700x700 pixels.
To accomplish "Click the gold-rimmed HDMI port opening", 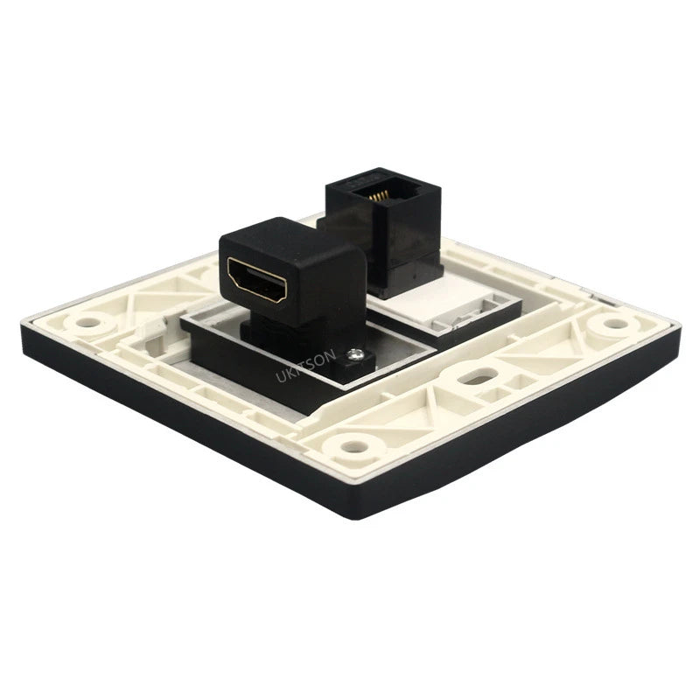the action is [x=257, y=280].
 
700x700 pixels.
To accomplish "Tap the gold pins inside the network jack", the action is [x=379, y=196].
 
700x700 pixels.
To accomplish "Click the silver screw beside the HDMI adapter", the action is [x=355, y=355].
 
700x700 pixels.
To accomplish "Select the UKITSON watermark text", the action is [x=305, y=366].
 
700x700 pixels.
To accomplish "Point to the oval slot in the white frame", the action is [x=478, y=376].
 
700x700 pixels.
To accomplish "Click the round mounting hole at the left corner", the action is [x=87, y=322].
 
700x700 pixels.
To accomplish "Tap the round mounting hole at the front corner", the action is [x=354, y=446].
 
